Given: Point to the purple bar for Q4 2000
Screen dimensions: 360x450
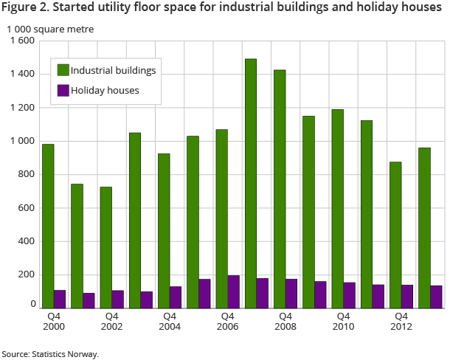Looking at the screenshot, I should coord(60,299).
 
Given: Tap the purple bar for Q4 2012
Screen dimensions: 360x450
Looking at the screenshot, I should coord(407,296).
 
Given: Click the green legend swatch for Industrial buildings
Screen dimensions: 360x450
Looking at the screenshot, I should coord(63,70).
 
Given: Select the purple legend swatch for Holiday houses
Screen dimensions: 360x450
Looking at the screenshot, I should coord(63,91).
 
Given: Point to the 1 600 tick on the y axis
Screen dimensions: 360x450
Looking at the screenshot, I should coord(22,41).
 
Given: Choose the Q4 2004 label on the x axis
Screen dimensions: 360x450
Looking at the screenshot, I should coord(169,321).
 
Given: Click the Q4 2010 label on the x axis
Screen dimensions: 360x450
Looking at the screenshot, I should coord(343,321).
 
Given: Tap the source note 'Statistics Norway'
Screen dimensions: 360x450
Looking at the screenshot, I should coord(66,354).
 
